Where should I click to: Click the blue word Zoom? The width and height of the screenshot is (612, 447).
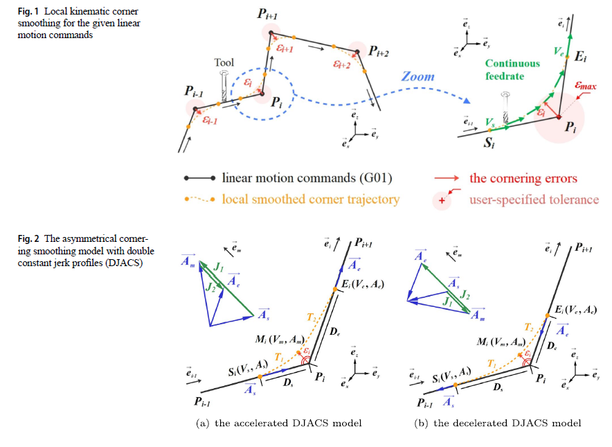click(418, 77)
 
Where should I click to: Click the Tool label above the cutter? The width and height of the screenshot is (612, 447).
click(224, 63)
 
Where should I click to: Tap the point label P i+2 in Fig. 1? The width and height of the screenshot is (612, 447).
click(378, 51)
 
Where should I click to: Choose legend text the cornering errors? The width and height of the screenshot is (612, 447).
click(523, 179)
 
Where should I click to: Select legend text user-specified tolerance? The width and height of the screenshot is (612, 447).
click(534, 200)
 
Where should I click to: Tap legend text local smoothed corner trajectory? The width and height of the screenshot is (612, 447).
click(311, 200)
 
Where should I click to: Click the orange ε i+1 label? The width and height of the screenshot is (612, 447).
click(285, 49)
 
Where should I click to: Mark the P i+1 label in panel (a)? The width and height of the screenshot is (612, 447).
click(366, 243)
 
